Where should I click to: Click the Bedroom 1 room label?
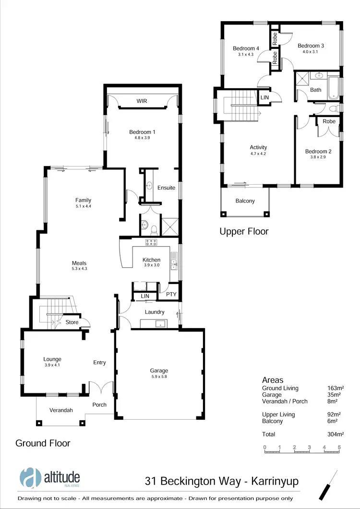coord(142,132)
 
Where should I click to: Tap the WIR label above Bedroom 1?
coord(142,101)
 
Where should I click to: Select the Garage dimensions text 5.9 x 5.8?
coord(159,377)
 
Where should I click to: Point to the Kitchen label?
coord(151,260)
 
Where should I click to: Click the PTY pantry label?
coord(171,295)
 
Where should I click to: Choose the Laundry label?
coord(155,312)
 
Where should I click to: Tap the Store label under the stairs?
coord(72,322)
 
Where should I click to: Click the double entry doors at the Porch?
coord(101,388)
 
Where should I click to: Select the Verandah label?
coord(61,410)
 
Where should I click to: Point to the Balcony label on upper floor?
coord(245,201)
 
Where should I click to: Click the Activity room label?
coord(258,147)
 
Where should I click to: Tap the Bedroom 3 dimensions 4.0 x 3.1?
coord(311,51)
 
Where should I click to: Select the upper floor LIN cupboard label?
coord(264,97)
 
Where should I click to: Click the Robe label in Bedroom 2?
coord(329,121)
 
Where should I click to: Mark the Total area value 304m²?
coord(336,434)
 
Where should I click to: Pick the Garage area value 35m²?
coord(333,395)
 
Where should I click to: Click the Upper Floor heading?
coord(244,232)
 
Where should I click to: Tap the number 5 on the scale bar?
coord(339,447)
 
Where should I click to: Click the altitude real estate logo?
coord(50,477)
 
